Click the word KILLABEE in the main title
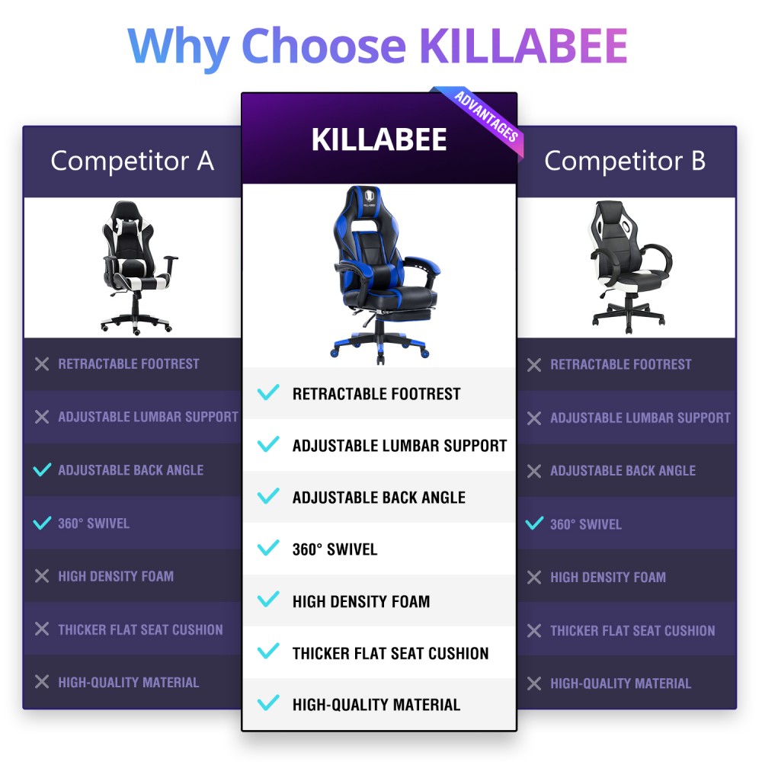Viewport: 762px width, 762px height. [523, 46]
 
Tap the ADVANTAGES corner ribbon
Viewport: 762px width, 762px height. [486, 117]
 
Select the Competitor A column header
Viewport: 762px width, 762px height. [132, 161]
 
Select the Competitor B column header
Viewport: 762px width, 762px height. [625, 161]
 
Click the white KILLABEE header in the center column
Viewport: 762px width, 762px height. [379, 139]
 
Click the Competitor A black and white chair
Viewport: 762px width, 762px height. [137, 267]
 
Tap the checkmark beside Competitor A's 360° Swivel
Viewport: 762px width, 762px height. [42, 523]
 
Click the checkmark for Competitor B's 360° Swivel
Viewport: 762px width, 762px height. [535, 524]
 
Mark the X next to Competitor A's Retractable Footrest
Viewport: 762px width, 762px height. [42, 364]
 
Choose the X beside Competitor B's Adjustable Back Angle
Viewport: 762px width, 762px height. [534, 471]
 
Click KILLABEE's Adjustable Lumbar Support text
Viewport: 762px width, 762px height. [399, 446]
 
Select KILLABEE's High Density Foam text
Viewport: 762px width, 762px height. [361, 602]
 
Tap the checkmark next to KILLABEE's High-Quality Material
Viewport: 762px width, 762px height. [268, 703]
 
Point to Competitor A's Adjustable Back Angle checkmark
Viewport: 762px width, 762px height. [42, 470]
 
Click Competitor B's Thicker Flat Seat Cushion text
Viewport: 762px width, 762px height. [632, 631]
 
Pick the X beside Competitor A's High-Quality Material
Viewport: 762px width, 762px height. [42, 682]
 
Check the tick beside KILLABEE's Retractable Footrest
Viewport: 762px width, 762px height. [268, 392]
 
